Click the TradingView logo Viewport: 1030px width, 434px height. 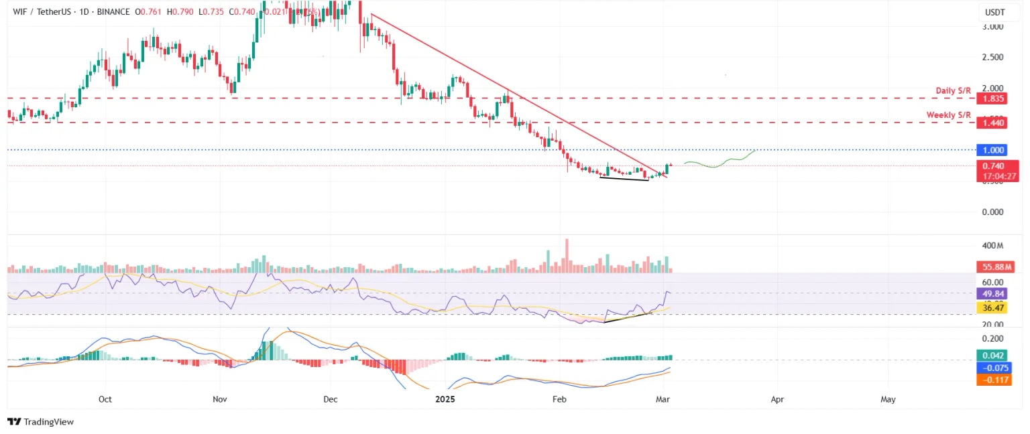[40, 422]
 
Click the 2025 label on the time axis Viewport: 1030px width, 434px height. [445, 399]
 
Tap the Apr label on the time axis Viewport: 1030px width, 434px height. [777, 399]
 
